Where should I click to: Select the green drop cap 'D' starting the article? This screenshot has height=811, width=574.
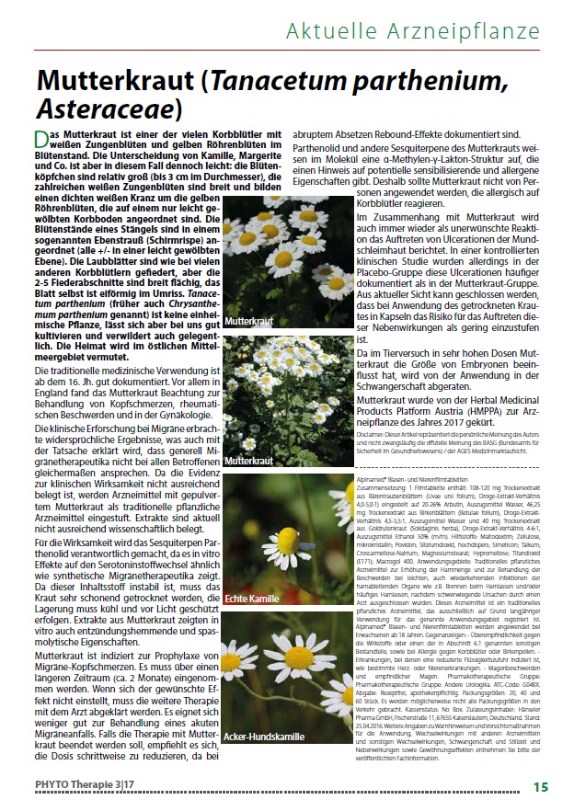pyautogui.click(x=41, y=141)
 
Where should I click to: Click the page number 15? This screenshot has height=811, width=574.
pyautogui.click(x=540, y=786)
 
